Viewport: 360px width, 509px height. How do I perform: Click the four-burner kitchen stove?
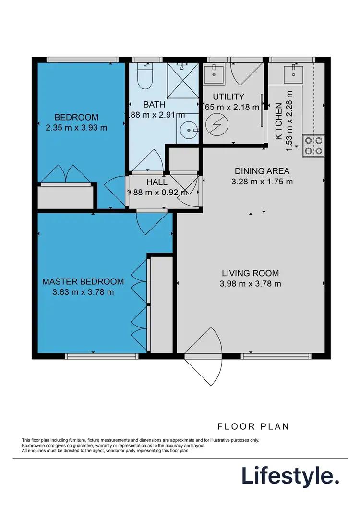pyautogui.click(x=313, y=146)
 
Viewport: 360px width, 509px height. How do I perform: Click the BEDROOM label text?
pyautogui.click(x=76, y=117)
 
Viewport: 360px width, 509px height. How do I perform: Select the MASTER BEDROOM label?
pyautogui.click(x=83, y=281)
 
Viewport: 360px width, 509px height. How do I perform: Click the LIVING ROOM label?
pyautogui.click(x=250, y=273)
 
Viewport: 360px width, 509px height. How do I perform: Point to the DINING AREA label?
pyautogui.click(x=262, y=171)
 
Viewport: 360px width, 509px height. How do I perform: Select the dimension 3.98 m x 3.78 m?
pyautogui.click(x=250, y=283)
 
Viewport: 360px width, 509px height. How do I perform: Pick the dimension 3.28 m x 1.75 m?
pyautogui.click(x=262, y=182)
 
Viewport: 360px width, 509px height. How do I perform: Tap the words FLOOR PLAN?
pyautogui.click(x=253, y=426)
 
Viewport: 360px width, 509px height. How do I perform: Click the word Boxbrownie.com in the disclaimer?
pyautogui.click(x=40, y=446)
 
